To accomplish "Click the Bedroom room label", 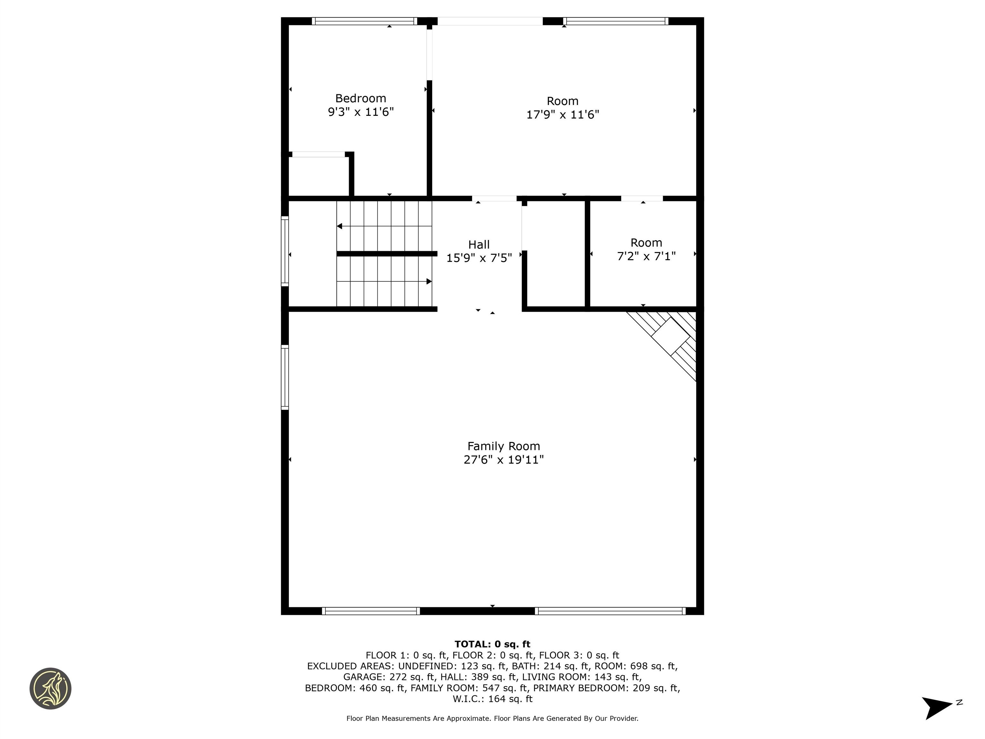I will point(360,98).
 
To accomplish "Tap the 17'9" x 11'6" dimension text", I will point(562,115).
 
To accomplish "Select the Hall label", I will point(479,244).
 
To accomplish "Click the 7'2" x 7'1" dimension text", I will point(646,256).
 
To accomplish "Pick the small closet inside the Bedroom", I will point(318,176).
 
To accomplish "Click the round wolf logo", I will point(50,688).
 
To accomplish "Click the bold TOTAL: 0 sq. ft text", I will point(492,644).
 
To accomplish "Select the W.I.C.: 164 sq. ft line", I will point(492,699).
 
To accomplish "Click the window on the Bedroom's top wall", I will point(364,21).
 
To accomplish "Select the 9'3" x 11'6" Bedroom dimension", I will point(360,112).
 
